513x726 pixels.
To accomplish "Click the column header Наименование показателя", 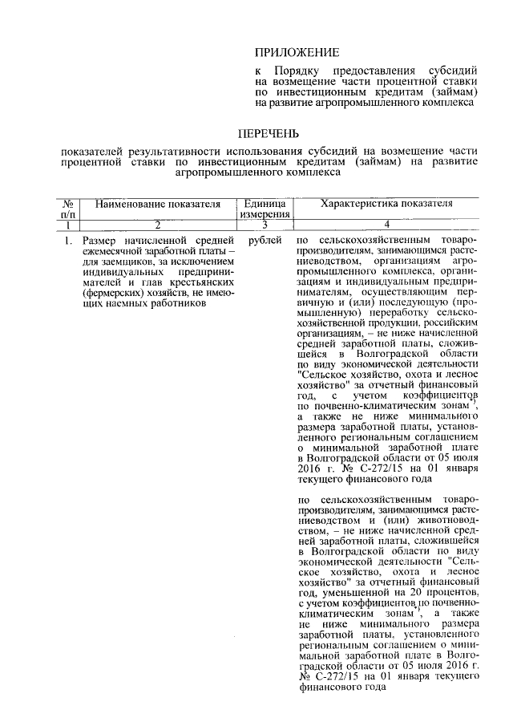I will coord(158,205).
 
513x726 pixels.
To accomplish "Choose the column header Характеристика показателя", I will coord(381,205).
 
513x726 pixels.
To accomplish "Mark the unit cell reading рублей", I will coord(265,240).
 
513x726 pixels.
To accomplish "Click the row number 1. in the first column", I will coord(68,240).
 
